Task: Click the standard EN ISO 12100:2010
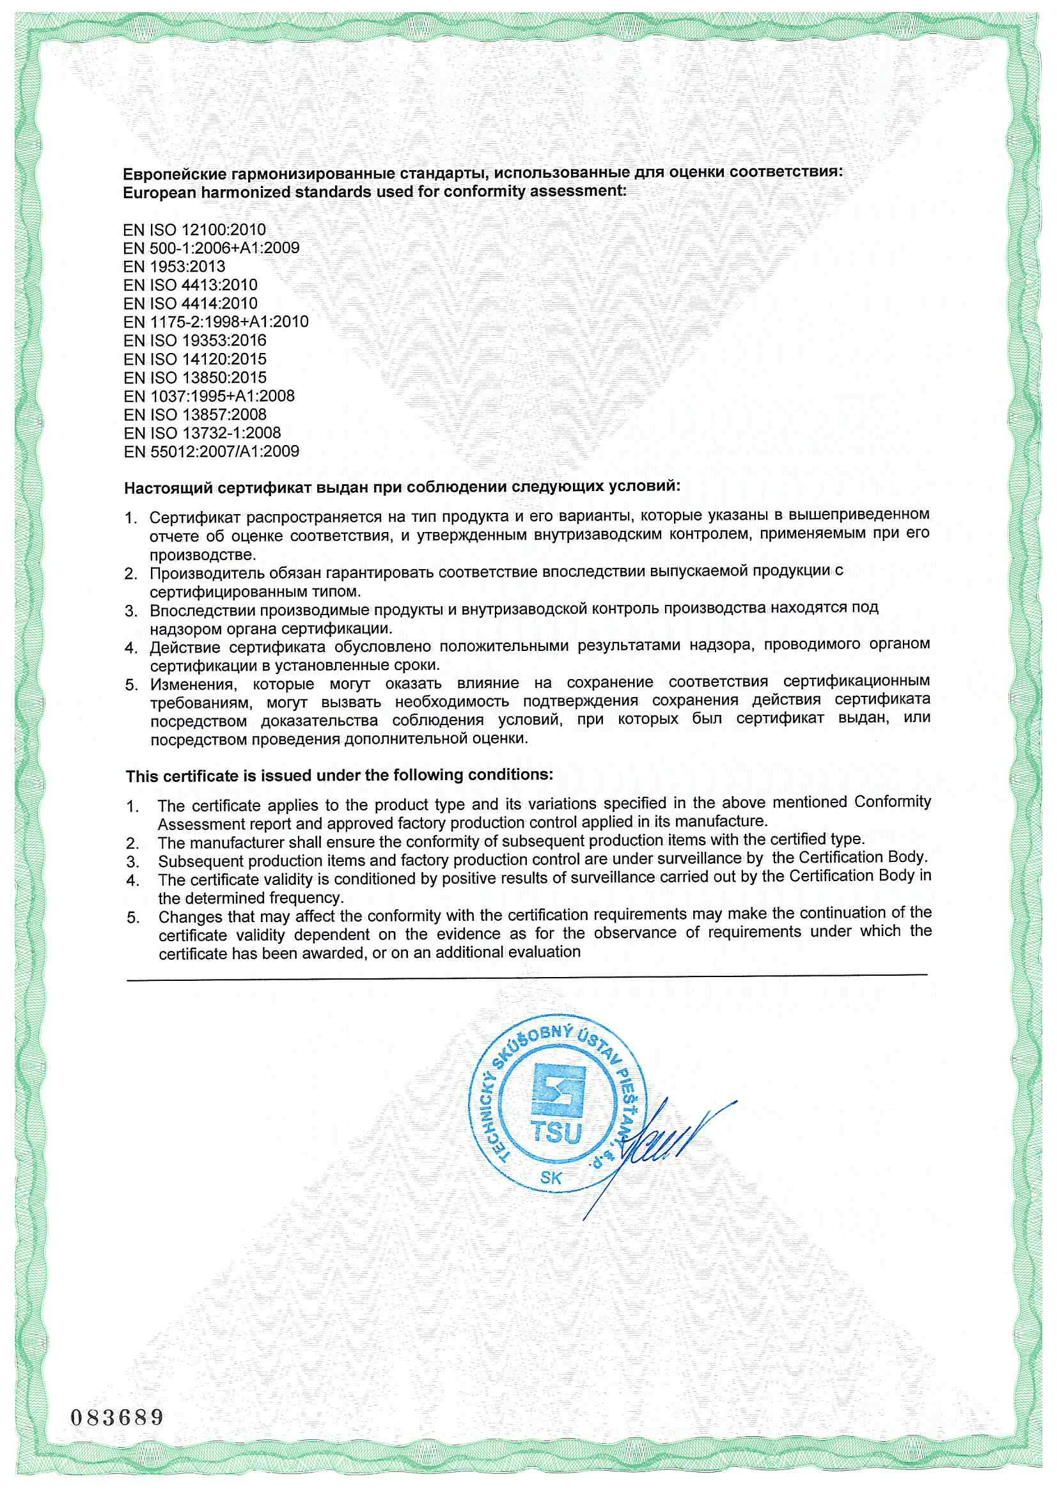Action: (194, 230)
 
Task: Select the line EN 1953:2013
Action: (174, 267)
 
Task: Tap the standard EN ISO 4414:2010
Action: (190, 304)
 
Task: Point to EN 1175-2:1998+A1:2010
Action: (215, 322)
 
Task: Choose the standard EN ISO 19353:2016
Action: (195, 341)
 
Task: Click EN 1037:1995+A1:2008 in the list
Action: (209, 396)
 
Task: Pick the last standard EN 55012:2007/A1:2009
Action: (212, 451)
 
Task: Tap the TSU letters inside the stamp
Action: (556, 1133)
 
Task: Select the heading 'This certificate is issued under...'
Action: (340, 776)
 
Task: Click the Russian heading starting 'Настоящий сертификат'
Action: (402, 487)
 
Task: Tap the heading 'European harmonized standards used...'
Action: (375, 192)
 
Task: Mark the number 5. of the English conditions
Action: (133, 918)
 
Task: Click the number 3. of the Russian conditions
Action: (132, 611)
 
